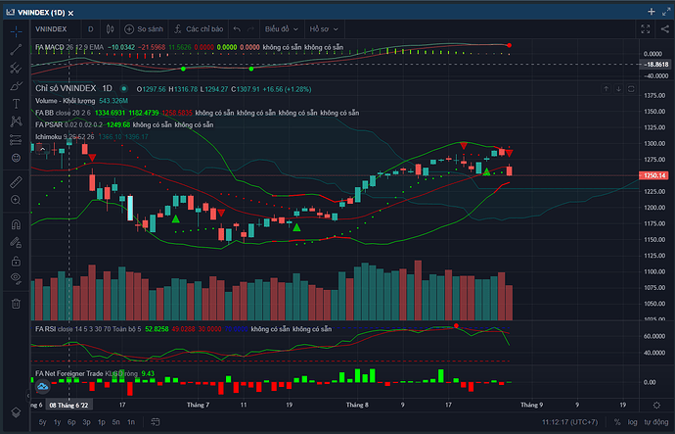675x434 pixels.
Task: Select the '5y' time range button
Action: click(43, 421)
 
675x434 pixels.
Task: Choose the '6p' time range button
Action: click(71, 421)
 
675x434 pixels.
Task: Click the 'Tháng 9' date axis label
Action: click(530, 404)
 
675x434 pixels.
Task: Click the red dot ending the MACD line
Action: click(510, 46)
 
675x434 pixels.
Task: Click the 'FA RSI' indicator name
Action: click(46, 328)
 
